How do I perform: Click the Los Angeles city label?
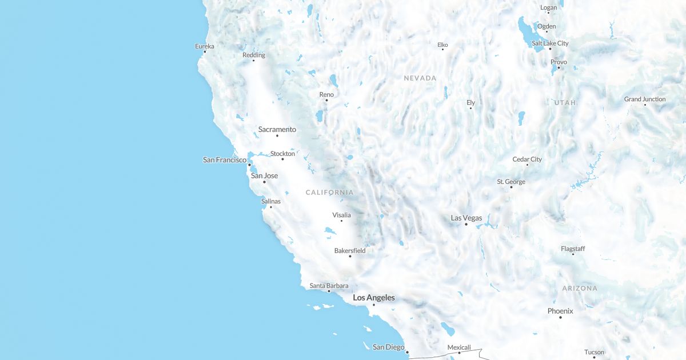373,298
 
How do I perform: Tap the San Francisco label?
225,160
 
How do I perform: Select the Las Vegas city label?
466,218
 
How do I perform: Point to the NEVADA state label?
420,78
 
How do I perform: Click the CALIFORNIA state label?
329,193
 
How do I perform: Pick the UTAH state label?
565,103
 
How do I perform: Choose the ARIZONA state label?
579,289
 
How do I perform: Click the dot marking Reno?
326,101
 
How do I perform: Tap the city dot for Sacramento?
277,135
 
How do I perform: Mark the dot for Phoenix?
560,317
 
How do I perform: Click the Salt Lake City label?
550,43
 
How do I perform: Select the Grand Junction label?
644,99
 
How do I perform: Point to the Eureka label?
204,46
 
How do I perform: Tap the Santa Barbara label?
329,286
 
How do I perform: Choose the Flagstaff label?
572,249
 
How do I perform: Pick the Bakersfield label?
350,251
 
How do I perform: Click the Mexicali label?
458,347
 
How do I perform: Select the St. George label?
510,182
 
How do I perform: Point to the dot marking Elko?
442,49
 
